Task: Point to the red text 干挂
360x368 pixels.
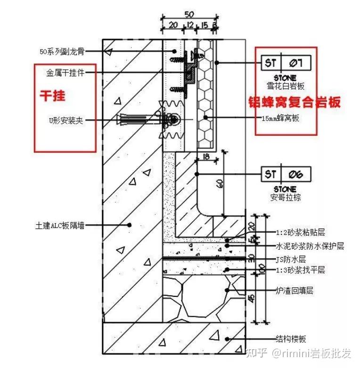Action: pos(52,96)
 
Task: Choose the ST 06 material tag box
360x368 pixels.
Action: pos(285,174)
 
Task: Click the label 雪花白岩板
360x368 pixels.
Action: pos(285,86)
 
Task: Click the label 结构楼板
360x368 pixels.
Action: pos(291,339)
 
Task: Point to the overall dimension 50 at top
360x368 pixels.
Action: pos(189,14)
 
